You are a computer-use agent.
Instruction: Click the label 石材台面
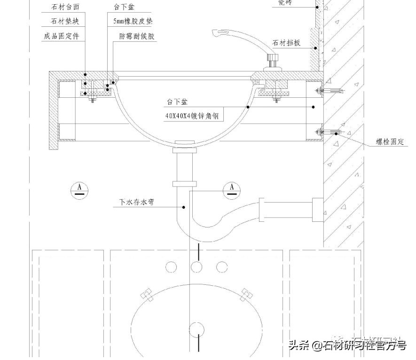(63, 7)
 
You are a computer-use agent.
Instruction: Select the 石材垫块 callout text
(63, 22)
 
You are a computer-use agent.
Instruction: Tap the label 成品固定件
(60, 36)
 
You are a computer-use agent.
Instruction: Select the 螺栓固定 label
(390, 142)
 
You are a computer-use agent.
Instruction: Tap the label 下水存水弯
(137, 203)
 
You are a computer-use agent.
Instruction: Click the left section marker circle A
(80, 189)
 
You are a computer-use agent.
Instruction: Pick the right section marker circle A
(231, 189)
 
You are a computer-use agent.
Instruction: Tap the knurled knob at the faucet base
(273, 60)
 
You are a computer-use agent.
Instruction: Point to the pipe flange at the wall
(317, 210)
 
